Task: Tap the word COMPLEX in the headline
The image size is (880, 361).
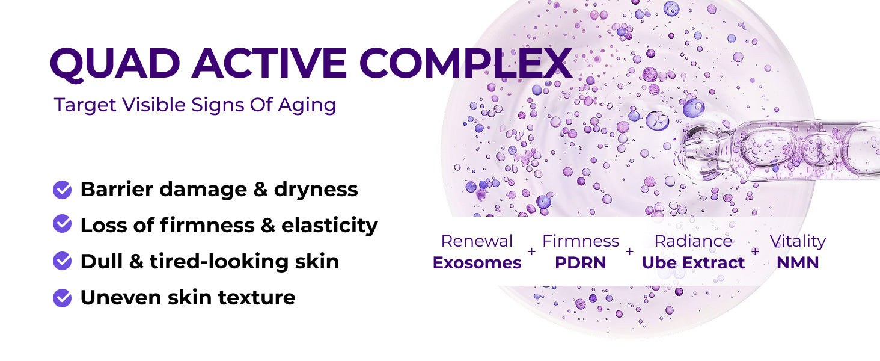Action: [x=465, y=63]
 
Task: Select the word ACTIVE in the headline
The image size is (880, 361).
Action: [x=269, y=63]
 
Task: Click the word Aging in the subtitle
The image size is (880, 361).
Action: [x=307, y=106]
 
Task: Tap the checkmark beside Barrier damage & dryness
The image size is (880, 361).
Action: [x=62, y=190]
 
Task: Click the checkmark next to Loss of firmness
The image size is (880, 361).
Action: [x=62, y=224]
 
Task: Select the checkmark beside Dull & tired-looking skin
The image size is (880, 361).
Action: [x=62, y=261]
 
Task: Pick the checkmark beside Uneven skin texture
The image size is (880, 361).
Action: [x=62, y=298]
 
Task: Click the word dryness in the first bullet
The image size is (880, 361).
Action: [x=316, y=190]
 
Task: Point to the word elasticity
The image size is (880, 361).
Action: [x=329, y=226]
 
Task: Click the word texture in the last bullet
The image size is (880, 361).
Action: [x=257, y=298]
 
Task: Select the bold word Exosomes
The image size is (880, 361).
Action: [x=477, y=263]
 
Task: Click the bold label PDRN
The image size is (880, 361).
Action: [x=580, y=263]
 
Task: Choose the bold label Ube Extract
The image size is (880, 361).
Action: [x=693, y=263]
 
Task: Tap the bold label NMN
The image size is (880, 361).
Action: [x=798, y=263]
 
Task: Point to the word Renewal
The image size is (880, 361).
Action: [x=477, y=241]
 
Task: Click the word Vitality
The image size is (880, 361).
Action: [x=798, y=241]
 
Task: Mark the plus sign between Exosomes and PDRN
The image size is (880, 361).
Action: [x=531, y=251]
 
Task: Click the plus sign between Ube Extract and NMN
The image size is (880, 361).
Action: [x=755, y=251]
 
